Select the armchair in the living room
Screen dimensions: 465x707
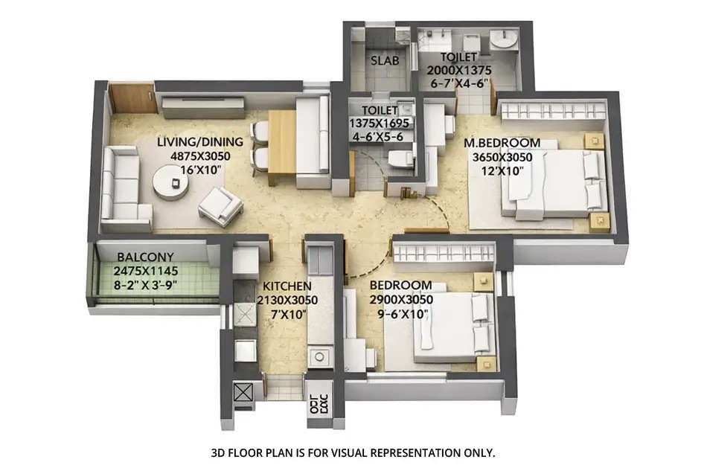pyautogui.click(x=220, y=205)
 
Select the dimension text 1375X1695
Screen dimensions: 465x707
pyautogui.click(x=378, y=124)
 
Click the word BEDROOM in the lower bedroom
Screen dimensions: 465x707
pyautogui.click(x=401, y=285)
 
